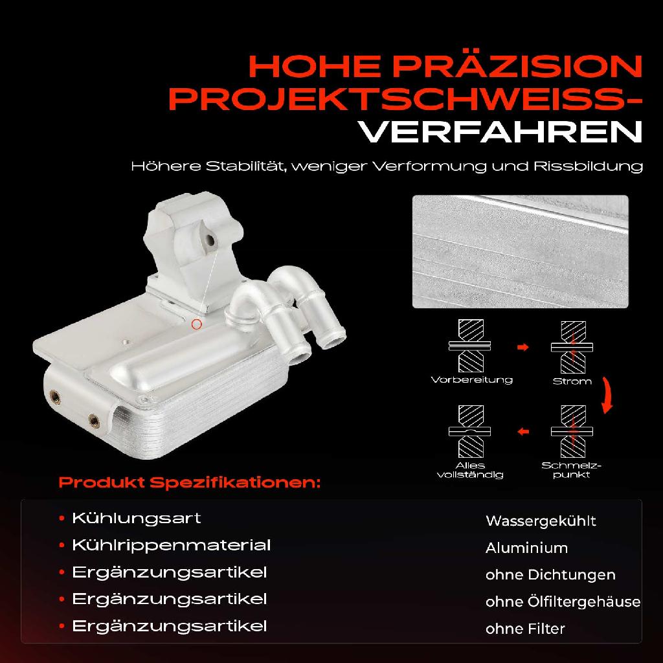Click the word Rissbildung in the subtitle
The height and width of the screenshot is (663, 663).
click(589, 166)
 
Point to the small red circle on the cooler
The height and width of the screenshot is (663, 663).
click(197, 325)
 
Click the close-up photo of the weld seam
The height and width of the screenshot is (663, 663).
click(520, 251)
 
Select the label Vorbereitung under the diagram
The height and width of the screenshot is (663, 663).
click(471, 380)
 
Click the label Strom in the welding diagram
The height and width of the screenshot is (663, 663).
click(572, 381)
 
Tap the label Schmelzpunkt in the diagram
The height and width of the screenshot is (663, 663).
click(572, 470)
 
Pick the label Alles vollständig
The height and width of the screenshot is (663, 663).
click(470, 470)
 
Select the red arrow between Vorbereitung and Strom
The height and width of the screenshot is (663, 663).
click(523, 348)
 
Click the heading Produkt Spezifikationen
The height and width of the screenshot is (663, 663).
click(189, 483)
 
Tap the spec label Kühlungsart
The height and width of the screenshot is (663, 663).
click(136, 519)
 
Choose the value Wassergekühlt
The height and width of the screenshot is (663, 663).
click(541, 521)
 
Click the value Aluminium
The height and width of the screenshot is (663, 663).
click(526, 548)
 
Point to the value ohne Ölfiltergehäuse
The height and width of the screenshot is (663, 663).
click(563, 602)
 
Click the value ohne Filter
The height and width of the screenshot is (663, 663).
click(525, 629)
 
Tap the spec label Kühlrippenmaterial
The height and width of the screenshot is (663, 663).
click(171, 546)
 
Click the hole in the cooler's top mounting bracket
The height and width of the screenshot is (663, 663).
click(209, 242)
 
